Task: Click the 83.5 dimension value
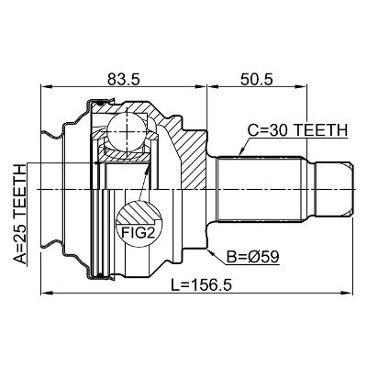(124, 80)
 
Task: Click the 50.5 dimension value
(256, 80)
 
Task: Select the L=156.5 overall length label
(201, 285)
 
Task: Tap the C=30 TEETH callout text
(297, 130)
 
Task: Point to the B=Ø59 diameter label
(252, 257)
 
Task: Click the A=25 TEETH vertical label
(20, 214)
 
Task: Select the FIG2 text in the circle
(138, 233)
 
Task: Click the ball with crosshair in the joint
(127, 131)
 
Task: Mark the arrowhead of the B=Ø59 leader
(209, 251)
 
